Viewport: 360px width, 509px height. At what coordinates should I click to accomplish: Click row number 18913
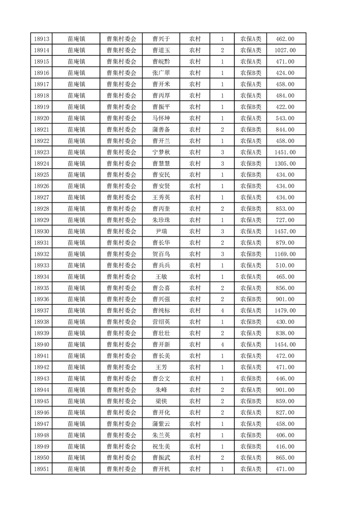pos(41,39)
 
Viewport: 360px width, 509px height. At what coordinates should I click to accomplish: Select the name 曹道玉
pos(161,50)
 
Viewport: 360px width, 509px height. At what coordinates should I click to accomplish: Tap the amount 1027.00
pos(285,50)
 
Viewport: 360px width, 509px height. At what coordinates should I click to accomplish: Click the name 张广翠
pos(161,73)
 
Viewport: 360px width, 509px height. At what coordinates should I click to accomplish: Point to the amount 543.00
pos(285,118)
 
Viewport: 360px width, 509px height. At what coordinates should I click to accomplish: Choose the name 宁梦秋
pos(161,152)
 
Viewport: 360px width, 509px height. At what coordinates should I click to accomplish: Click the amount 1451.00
pos(285,152)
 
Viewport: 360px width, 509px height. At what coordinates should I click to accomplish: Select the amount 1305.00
pos(285,164)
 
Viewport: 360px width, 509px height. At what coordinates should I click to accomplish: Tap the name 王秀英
pos(161,197)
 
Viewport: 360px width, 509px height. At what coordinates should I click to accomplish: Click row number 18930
pos(41,231)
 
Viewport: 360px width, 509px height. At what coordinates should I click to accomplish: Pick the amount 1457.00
pos(285,231)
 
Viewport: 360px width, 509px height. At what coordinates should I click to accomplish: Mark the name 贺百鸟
pos(161,254)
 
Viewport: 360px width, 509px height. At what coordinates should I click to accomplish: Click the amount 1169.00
pos(285,254)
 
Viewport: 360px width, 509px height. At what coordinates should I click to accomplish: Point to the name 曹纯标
pos(161,311)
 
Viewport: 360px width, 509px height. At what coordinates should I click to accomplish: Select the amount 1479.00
pos(285,311)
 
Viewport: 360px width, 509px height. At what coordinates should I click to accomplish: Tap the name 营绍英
pos(161,322)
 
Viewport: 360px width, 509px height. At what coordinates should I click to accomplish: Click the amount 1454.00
pos(285,345)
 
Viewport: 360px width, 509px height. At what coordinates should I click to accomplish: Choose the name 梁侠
pos(161,401)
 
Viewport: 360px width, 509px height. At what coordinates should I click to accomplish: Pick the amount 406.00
pos(285,436)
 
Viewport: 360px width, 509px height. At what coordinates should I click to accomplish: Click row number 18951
pos(41,470)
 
